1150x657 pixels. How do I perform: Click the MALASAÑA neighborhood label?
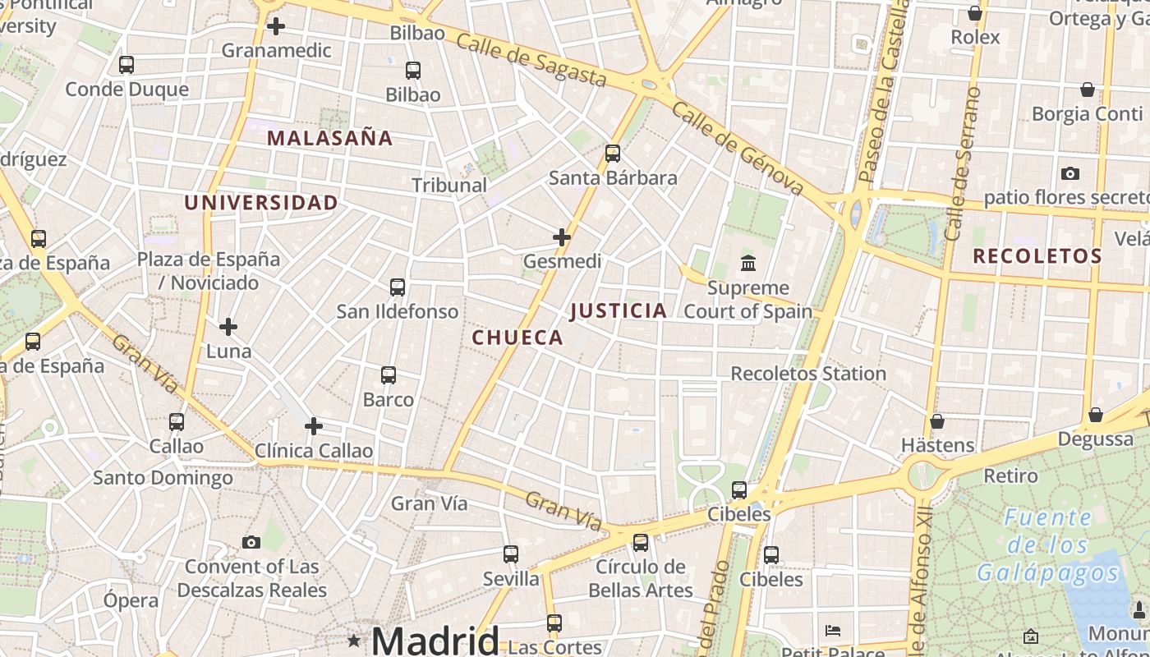pos(329,138)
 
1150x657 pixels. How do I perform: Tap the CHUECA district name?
pos(517,338)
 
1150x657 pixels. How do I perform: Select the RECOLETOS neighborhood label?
pos(1037,256)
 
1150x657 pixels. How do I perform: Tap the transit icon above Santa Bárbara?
pos(612,154)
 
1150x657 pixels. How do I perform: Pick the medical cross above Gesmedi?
pos(562,238)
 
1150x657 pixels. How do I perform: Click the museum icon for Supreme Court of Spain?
pos(748,264)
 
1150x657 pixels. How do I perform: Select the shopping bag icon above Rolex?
pos(975,13)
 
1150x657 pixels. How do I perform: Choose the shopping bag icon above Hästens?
pos(937,421)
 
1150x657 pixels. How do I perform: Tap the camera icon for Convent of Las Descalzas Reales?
pos(251,542)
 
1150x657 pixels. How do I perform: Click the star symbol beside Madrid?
pos(354,640)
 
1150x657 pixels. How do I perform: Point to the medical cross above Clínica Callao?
pos(313,426)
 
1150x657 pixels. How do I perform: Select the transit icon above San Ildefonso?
pos(398,287)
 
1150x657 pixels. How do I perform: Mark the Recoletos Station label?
pos(808,374)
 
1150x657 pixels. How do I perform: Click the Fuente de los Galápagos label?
pos(1048,545)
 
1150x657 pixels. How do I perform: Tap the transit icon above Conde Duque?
pos(126,65)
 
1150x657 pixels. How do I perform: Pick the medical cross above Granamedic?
pos(276,26)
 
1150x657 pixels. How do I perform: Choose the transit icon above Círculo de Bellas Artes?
pos(641,543)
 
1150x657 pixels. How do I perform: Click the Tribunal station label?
pos(449,186)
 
